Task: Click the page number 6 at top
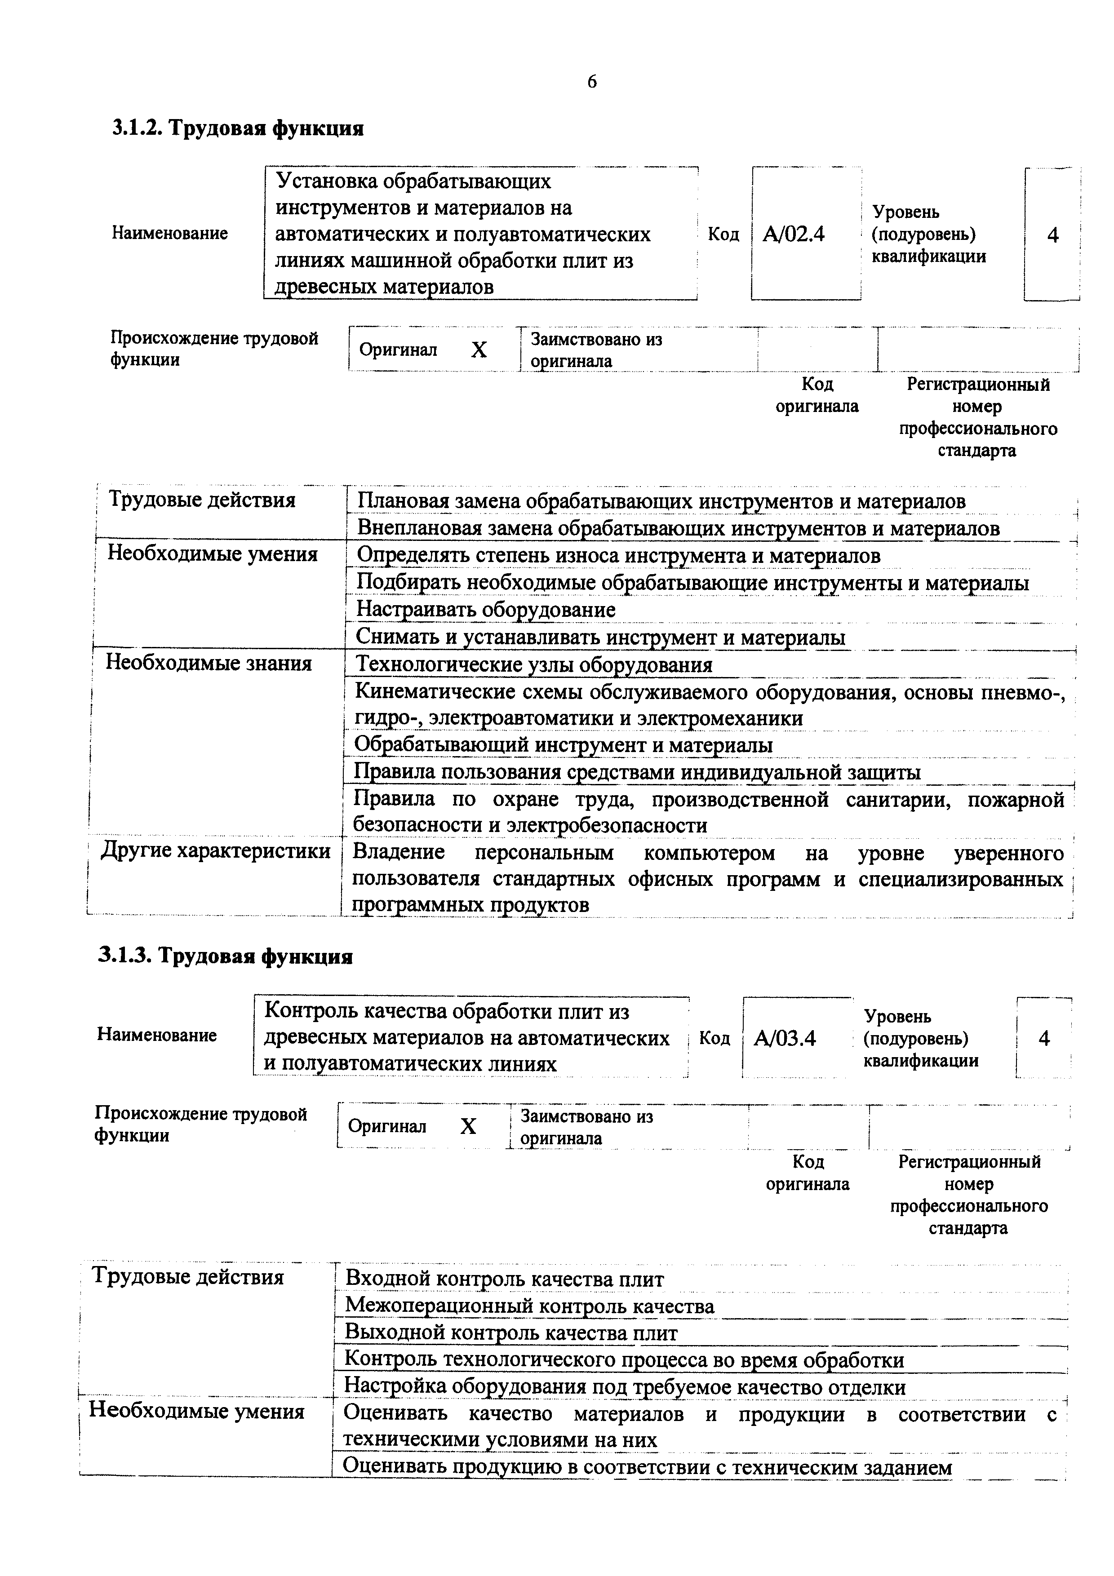[x=592, y=82]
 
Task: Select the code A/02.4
[x=794, y=235]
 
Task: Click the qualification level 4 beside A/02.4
[x=1052, y=235]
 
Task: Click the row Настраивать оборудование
[x=486, y=610]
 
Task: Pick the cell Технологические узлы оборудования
[x=534, y=664]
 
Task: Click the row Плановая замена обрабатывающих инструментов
[x=661, y=502]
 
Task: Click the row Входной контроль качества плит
[x=505, y=1279]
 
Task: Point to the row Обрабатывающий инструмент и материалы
[x=563, y=745]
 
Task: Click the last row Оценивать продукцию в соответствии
[x=647, y=1468]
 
